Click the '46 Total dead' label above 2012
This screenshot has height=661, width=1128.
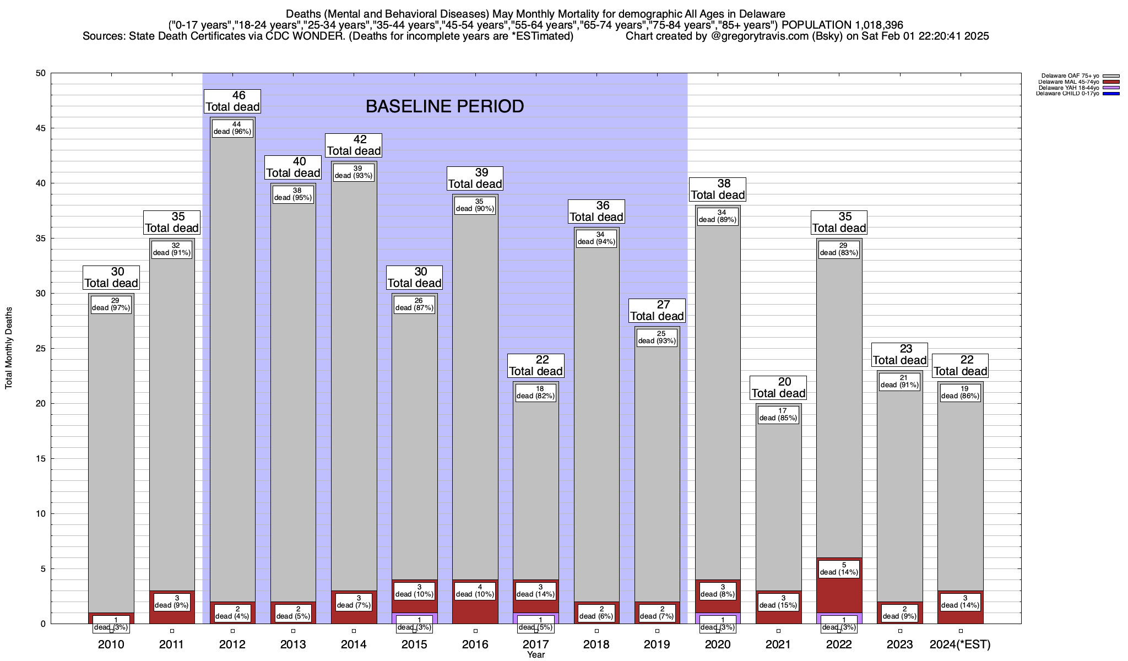pos(232,101)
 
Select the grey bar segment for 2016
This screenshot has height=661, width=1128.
pos(475,386)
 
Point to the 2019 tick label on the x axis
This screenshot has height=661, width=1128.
pos(657,644)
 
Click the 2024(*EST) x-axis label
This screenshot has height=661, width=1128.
pos(960,644)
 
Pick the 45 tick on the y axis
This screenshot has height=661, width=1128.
pos(41,128)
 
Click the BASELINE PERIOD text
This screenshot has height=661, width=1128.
pos(444,106)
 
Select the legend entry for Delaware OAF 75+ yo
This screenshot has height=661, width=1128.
pos(1069,76)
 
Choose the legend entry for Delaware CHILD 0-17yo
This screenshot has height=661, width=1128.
pos(1069,94)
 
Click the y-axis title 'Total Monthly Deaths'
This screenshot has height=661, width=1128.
pos(9,348)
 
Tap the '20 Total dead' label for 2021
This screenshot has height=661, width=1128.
pos(778,388)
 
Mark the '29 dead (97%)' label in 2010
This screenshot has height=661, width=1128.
pos(111,305)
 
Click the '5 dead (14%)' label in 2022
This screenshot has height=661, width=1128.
pos(839,568)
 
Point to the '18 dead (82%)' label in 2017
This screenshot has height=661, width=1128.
pos(536,392)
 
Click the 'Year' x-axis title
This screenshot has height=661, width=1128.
pos(535,654)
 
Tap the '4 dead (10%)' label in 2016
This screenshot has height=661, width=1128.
pos(475,590)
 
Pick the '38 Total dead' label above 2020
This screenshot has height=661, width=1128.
pos(718,189)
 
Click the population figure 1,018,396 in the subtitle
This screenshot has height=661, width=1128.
pos(871,25)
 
